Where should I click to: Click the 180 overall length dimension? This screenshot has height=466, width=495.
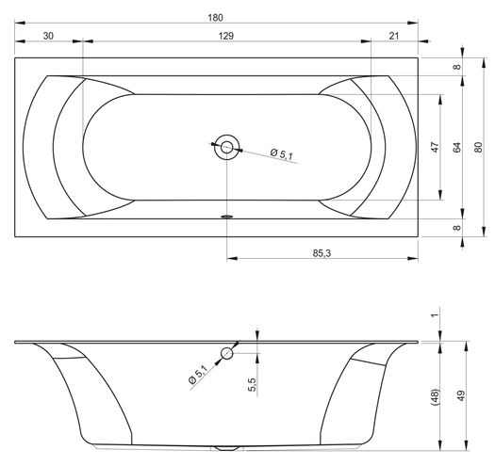click(x=215, y=18)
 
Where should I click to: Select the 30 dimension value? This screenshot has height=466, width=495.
click(x=48, y=36)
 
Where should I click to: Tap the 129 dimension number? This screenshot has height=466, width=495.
click(x=226, y=36)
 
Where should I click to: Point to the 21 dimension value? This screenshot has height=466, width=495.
click(x=394, y=36)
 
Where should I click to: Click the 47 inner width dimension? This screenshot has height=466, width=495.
click(x=436, y=147)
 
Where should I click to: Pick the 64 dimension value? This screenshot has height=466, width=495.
click(x=456, y=147)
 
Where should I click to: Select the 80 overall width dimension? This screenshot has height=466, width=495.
click(x=478, y=147)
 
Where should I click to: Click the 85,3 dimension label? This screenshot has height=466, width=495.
click(x=322, y=253)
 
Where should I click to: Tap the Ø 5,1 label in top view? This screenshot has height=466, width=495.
click(x=282, y=153)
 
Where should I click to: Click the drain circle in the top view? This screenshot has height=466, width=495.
click(x=226, y=147)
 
